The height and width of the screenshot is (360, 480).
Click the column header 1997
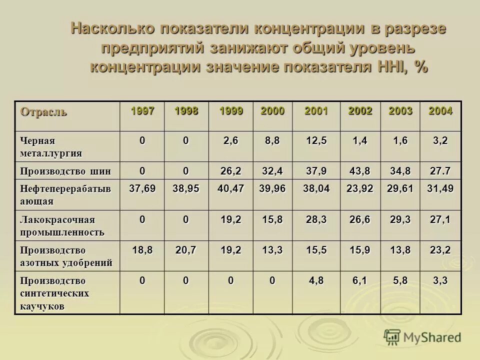click(x=142, y=111)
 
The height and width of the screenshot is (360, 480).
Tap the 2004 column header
click(x=440, y=111)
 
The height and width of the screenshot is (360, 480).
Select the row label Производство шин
click(x=65, y=171)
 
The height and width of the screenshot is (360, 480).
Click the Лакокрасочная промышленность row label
click(x=62, y=225)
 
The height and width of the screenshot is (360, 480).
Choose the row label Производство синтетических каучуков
click(x=54, y=293)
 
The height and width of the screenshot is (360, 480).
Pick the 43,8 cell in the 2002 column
click(x=360, y=171)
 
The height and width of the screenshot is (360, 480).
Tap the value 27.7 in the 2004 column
click(x=440, y=171)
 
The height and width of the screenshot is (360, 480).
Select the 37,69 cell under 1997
click(x=142, y=188)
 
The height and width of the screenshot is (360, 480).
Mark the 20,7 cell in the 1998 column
click(x=185, y=250)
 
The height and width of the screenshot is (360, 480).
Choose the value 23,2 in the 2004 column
click(x=440, y=250)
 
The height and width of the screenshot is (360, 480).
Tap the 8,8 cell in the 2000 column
click(x=272, y=141)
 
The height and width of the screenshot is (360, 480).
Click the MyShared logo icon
click(x=392, y=337)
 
